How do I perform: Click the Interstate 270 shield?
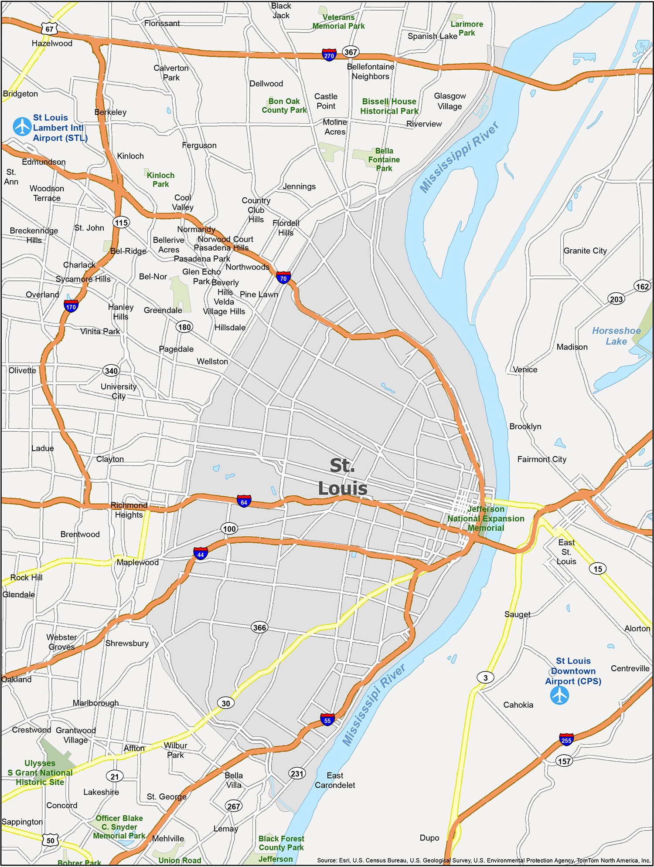point(329,55)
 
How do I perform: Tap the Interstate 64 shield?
point(244,501)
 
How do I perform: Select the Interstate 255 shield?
point(566,739)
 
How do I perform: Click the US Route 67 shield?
point(49,29)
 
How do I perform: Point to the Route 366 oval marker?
point(259,627)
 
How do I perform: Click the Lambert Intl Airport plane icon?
point(22,127)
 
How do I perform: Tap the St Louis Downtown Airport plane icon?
point(559,695)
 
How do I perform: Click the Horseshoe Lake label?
point(616,336)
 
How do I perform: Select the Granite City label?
point(585,251)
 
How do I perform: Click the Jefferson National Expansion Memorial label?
point(486,518)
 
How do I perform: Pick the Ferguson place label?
point(199,145)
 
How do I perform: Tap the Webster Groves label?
point(61,642)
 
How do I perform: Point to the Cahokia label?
point(518,705)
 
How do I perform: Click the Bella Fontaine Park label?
point(384,159)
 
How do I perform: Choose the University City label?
point(119,391)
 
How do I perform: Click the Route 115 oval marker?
point(121,223)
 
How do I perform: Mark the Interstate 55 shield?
point(327,719)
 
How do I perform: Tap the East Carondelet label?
point(335,780)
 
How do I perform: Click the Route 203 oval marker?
point(616,299)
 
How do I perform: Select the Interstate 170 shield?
point(71,306)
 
